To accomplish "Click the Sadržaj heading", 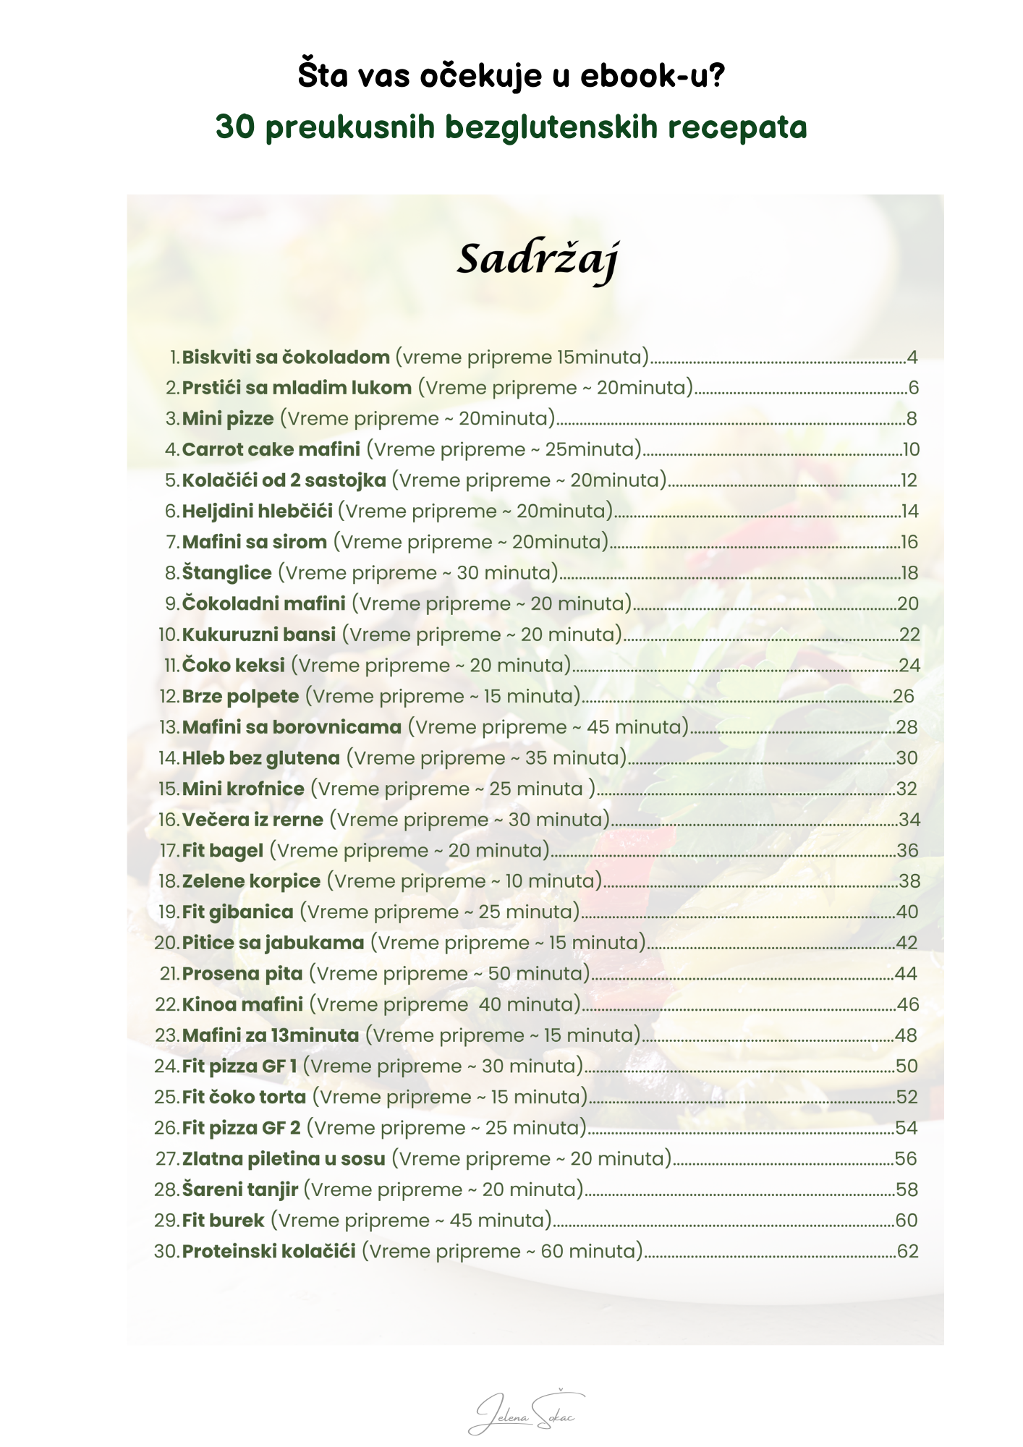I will pyautogui.click(x=538, y=259).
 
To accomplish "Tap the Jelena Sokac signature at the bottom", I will pyautogui.click(x=525, y=1413).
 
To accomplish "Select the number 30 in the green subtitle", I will pyautogui.click(x=235, y=127).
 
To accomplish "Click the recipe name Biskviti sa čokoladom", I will pyautogui.click(x=286, y=357).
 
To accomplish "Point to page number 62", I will pyautogui.click(x=907, y=1252).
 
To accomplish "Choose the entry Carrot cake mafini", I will pyautogui.click(x=271, y=450).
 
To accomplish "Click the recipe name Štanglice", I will pyautogui.click(x=226, y=573).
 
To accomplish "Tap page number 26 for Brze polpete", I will pyautogui.click(x=904, y=697).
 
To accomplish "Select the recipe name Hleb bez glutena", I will pyautogui.click(x=260, y=758).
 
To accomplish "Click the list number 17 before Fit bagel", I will pyautogui.click(x=169, y=851).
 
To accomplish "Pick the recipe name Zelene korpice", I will pyautogui.click(x=251, y=881).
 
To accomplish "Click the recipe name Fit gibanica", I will pyautogui.click(x=237, y=912).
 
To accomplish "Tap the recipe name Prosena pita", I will pyautogui.click(x=242, y=974).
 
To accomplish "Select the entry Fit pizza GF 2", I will pyautogui.click(x=241, y=1128).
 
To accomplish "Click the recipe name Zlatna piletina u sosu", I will pyautogui.click(x=284, y=1159).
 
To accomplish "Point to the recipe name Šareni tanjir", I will pyautogui.click(x=240, y=1190).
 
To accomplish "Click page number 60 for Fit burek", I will pyautogui.click(x=907, y=1221).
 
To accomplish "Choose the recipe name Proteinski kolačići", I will pyautogui.click(x=268, y=1252).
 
